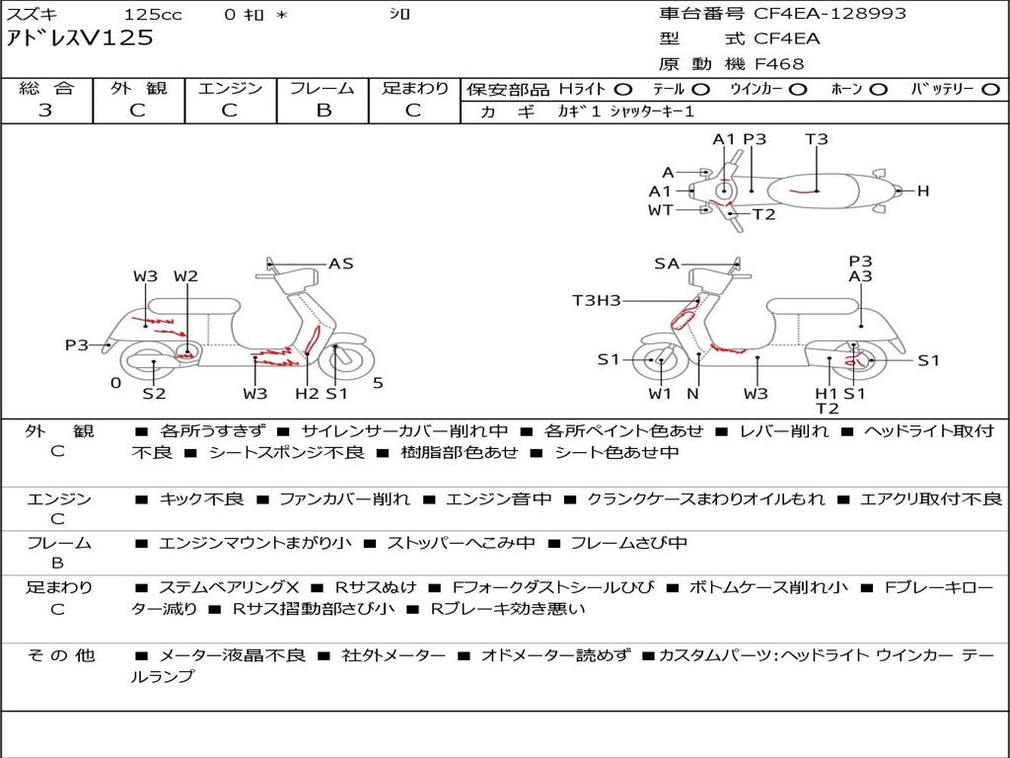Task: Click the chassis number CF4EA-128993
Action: [830, 14]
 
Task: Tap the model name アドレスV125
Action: [80, 38]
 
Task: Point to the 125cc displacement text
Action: [153, 14]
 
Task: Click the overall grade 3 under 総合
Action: [45, 111]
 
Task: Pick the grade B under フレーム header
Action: [324, 111]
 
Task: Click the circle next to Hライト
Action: [623, 90]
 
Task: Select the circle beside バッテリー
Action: [991, 90]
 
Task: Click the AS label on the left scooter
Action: [340, 264]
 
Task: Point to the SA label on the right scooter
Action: [667, 264]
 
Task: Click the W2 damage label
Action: [185, 276]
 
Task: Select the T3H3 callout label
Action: [597, 300]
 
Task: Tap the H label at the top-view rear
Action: [923, 190]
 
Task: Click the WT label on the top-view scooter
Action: [660, 210]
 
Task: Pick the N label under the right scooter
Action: [693, 393]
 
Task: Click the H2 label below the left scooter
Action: [307, 393]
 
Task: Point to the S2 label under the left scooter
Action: [154, 393]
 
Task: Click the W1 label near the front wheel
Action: [660, 393]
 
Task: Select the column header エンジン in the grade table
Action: [230, 88]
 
